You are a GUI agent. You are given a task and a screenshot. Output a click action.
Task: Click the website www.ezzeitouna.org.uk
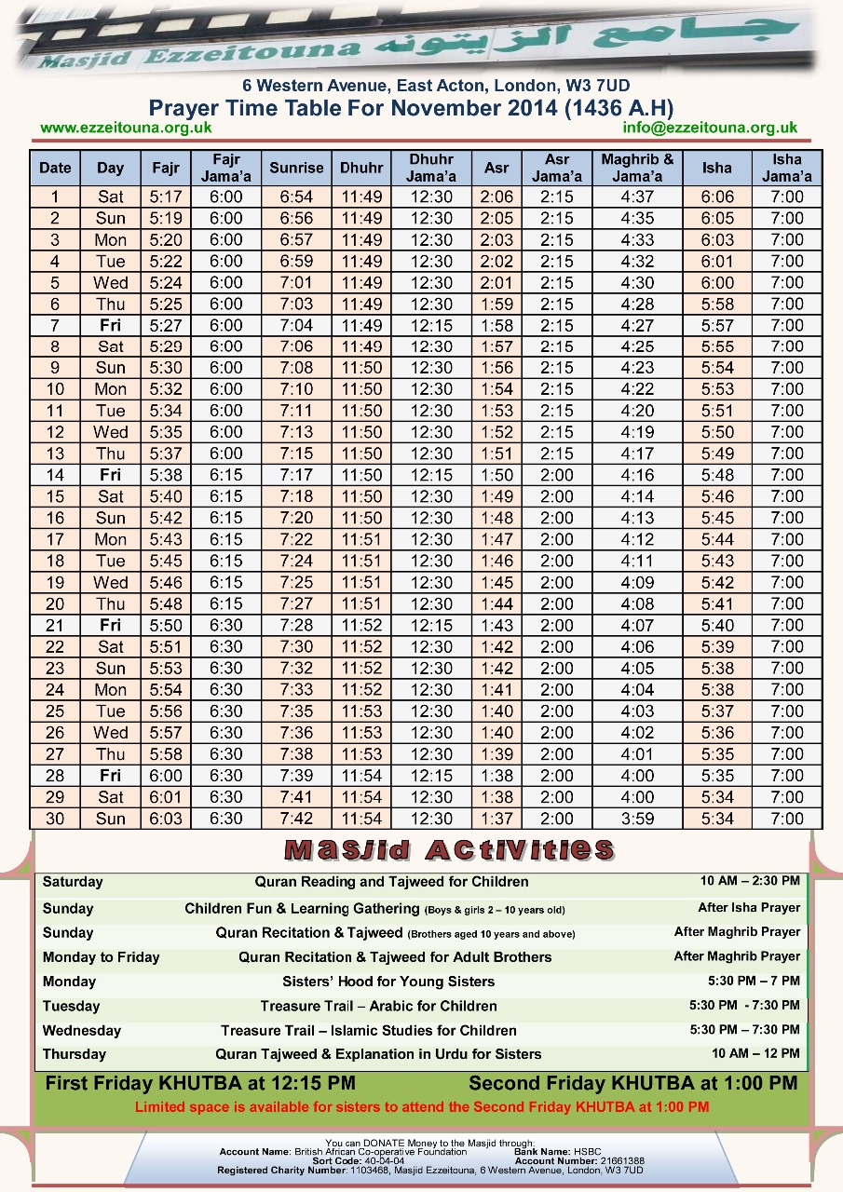(x=126, y=128)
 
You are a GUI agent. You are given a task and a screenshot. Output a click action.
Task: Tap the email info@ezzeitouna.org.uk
(x=710, y=128)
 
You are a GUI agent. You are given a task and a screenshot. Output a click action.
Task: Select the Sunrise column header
(x=296, y=169)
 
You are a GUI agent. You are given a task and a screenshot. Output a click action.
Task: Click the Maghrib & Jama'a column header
(x=637, y=169)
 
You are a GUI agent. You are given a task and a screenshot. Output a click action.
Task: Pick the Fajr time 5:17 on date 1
(x=166, y=197)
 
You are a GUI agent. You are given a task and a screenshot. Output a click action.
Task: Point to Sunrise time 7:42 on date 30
(x=296, y=819)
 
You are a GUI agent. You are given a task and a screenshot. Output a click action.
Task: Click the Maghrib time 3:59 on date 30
(x=637, y=819)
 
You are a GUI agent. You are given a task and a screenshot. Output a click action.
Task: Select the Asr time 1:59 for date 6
(x=496, y=305)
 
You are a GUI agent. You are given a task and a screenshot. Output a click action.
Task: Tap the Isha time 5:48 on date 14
(x=717, y=475)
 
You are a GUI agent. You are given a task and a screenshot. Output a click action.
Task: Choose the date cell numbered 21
(x=55, y=626)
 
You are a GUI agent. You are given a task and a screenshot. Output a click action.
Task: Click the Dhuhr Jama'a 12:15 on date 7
(x=431, y=326)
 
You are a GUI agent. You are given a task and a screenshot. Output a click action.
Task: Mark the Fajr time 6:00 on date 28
(x=166, y=776)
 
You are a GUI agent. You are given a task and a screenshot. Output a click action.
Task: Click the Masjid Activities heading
(x=449, y=849)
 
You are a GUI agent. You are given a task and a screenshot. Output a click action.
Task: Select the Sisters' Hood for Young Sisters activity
(x=388, y=982)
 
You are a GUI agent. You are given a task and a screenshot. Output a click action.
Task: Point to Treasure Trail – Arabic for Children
(x=378, y=1006)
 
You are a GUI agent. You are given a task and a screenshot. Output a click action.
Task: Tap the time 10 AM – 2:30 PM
(x=750, y=881)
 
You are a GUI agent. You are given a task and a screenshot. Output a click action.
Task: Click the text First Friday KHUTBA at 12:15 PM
(x=200, y=1084)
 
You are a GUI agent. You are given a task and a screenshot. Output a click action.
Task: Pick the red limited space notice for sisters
(x=422, y=1107)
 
